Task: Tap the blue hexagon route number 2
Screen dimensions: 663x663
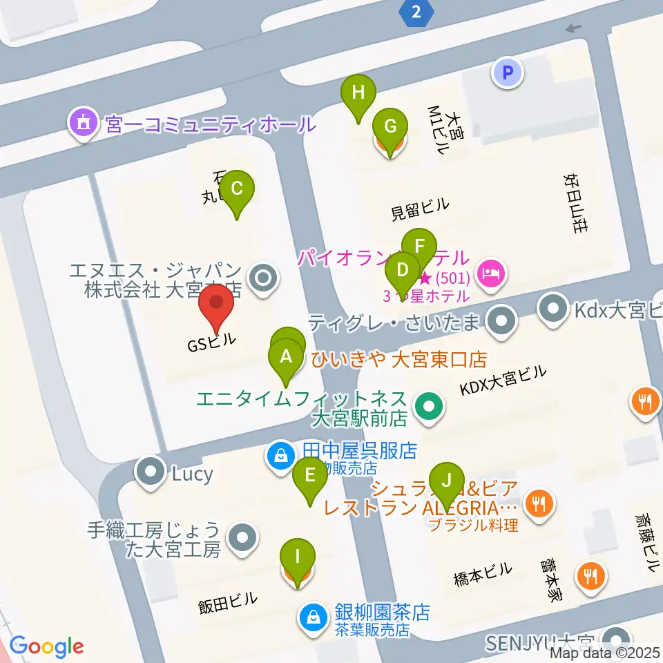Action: pos(415,11)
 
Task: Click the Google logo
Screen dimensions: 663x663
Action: pos(46,647)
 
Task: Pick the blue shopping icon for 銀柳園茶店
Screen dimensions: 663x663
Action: pos(313,615)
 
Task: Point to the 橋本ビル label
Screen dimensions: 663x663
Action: pos(483,573)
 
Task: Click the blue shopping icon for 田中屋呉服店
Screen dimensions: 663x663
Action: pos(280,457)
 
